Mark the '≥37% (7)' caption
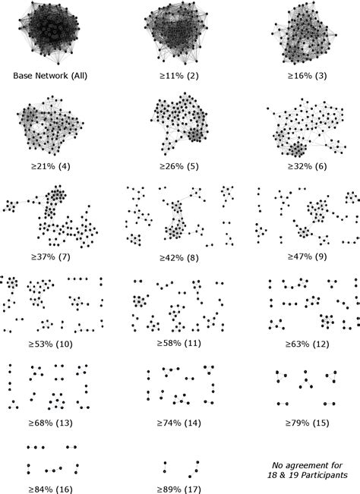[x=49, y=256]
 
